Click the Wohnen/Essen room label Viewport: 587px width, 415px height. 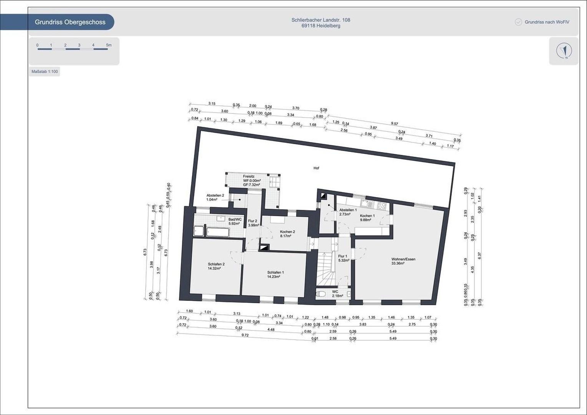[403, 259]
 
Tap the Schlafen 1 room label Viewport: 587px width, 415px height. [275, 272]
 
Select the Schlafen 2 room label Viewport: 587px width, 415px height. [216, 264]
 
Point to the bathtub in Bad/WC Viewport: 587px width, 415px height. [218, 232]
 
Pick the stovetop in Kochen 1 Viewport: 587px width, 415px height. [381, 206]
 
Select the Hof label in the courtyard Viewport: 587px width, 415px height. [316, 168]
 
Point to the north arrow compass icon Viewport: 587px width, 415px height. [564, 51]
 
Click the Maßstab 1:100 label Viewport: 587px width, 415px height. [45, 71]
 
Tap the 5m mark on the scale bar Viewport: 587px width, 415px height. [109, 45]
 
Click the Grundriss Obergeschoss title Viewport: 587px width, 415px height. [70, 22]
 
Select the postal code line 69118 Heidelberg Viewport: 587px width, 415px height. [321, 26]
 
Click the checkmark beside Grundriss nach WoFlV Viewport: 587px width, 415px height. [518, 22]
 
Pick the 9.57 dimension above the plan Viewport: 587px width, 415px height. [394, 124]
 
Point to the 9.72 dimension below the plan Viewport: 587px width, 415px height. [245, 335]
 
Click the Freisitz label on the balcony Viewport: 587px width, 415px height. [249, 176]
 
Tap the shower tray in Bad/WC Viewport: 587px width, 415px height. [199, 231]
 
